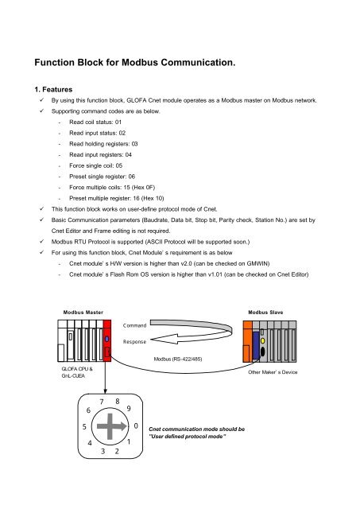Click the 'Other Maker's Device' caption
[x=272, y=372]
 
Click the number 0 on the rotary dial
[x=137, y=426]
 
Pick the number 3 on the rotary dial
[x=103, y=451]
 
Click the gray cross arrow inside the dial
[x=110, y=427]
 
